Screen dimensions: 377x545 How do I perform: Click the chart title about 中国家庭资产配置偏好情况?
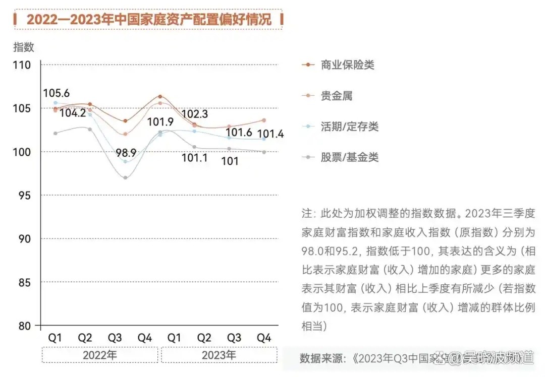[x=148, y=19]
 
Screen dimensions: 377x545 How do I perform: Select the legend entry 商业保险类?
[x=348, y=65]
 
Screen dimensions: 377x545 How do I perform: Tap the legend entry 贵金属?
[x=337, y=96]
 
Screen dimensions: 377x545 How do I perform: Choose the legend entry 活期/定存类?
[x=350, y=126]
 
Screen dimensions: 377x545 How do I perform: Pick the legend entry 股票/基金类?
[x=350, y=157]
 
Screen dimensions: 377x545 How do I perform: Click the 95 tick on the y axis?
[x=25, y=195]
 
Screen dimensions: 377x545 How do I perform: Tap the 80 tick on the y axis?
[x=25, y=326]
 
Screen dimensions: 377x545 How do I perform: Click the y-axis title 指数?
[x=23, y=47]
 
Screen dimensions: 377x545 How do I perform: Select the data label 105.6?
[x=56, y=93]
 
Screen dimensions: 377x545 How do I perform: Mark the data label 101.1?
[x=195, y=158]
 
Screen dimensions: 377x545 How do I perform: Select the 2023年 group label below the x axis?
[x=219, y=355]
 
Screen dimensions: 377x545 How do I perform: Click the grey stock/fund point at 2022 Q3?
[x=125, y=177]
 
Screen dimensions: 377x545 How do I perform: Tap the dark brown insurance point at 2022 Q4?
[x=160, y=96]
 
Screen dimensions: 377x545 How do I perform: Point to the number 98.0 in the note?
[x=312, y=250]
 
